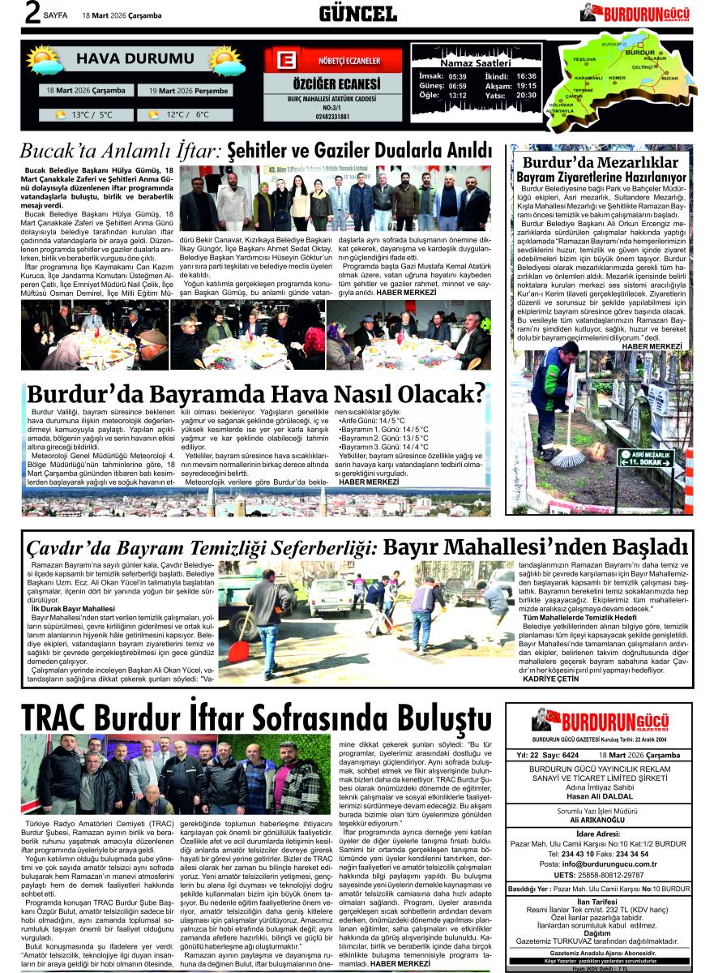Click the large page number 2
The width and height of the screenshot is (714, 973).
click(x=11, y=13)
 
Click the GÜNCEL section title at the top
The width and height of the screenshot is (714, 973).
click(x=357, y=13)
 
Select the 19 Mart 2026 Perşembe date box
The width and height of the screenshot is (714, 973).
click(x=190, y=91)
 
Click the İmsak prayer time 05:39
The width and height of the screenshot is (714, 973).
click(x=457, y=76)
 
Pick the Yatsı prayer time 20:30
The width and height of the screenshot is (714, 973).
click(x=526, y=95)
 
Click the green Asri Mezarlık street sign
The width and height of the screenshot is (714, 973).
click(x=645, y=457)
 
